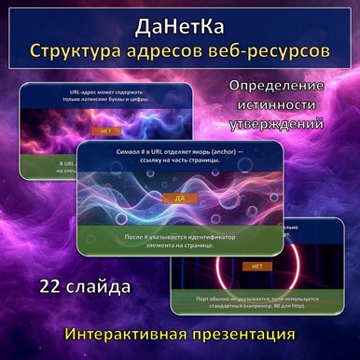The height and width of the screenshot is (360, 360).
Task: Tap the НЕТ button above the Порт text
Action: pyautogui.click(x=256, y=267)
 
